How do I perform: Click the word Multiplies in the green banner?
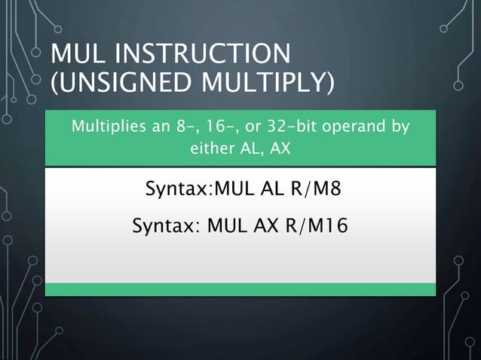(x=103, y=127)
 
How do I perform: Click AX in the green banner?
(x=280, y=148)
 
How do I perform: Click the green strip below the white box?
(x=240, y=289)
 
